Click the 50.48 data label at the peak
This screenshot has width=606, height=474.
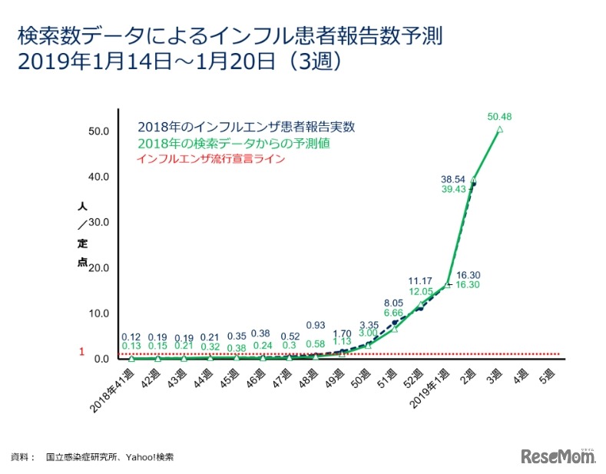(x=499, y=117)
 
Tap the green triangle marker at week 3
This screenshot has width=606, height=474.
(x=500, y=130)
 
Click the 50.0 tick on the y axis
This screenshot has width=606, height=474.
(x=98, y=131)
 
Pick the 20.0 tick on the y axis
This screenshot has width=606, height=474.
(x=98, y=268)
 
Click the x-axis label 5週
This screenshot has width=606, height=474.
(x=545, y=376)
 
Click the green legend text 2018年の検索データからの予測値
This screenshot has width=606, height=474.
(x=229, y=144)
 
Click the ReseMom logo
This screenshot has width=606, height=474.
(x=559, y=456)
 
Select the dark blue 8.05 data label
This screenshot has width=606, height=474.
(x=393, y=302)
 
